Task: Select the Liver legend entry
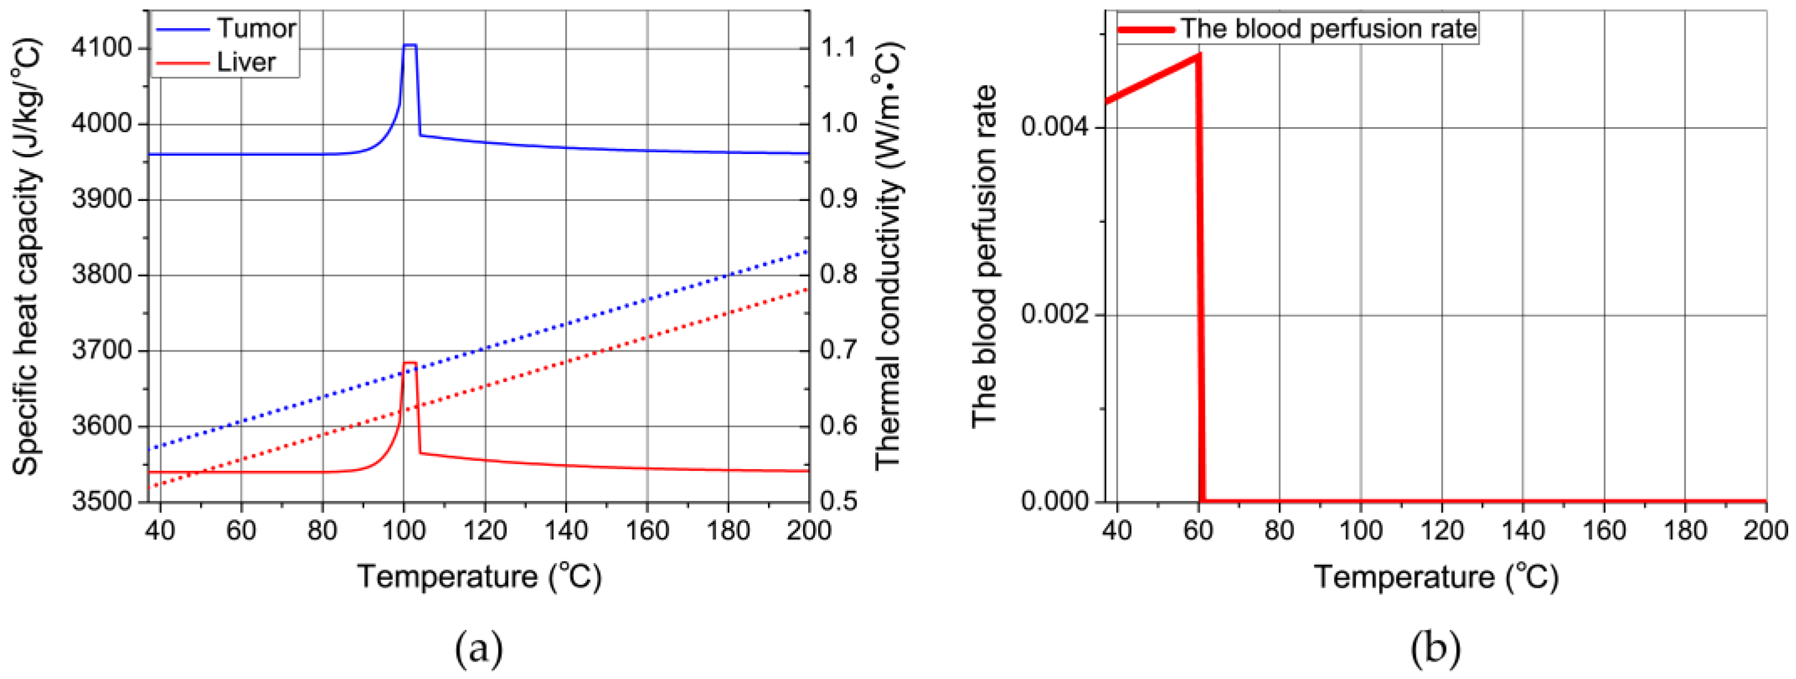246,62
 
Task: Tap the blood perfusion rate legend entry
1328,28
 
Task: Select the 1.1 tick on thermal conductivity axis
837,48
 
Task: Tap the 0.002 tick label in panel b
1053,315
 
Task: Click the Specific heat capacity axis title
26,258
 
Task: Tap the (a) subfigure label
478,648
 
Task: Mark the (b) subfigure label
1435,648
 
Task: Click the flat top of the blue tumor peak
410,45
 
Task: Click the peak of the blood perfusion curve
1198,54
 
